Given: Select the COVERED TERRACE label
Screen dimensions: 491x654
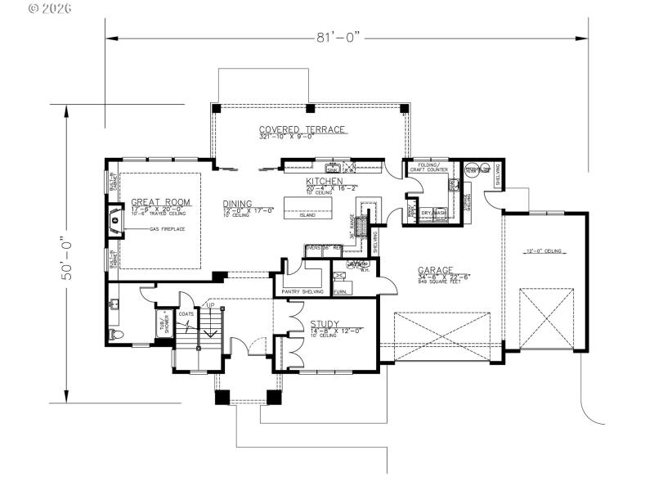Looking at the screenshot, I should (x=302, y=129).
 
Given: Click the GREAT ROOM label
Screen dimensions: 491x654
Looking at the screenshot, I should (x=160, y=201).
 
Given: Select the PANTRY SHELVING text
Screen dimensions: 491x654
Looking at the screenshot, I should (x=302, y=291).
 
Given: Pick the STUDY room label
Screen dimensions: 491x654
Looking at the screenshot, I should (x=325, y=324).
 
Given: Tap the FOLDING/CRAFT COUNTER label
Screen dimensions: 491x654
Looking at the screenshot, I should (x=432, y=167).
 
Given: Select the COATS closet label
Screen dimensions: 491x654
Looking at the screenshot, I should (x=186, y=313).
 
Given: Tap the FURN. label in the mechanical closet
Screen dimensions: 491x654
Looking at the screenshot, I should (x=339, y=291).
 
